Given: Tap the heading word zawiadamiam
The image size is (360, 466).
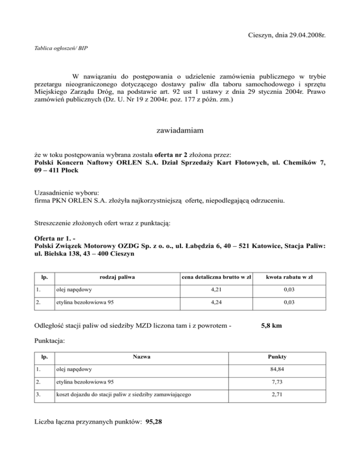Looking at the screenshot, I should pos(180,132).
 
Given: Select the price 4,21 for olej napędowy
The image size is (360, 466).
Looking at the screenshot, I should pos(216,293).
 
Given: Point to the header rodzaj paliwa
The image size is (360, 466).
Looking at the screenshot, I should pos(116,278).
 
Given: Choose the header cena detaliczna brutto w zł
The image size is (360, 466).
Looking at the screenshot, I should pos(216,278).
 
